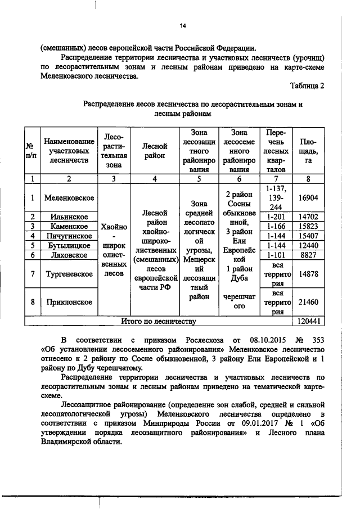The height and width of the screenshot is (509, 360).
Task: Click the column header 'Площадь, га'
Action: (308, 151)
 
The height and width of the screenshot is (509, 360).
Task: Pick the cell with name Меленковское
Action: (69, 197)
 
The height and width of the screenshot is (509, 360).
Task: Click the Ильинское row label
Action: (69, 217)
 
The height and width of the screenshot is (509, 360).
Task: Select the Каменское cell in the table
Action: (69, 226)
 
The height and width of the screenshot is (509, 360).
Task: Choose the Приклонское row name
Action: (69, 302)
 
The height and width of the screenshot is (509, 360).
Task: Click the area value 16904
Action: (308, 197)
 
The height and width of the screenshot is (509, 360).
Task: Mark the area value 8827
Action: (308, 255)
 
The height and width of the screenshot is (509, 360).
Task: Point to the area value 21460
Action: (308, 302)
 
